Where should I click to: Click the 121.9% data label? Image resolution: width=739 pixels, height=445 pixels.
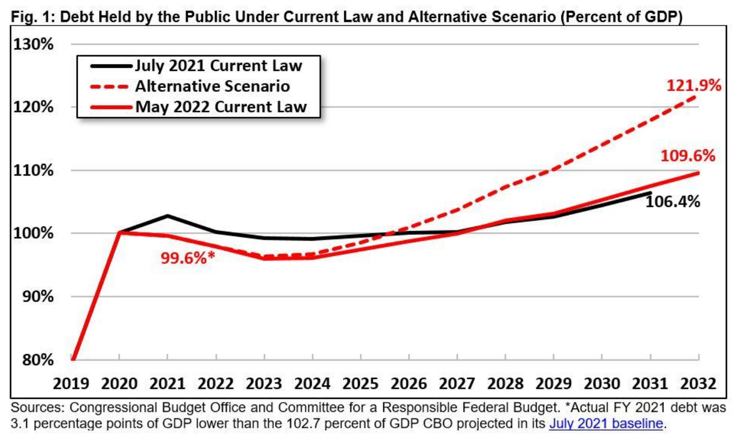(x=694, y=85)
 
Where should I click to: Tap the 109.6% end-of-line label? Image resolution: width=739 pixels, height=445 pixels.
(x=687, y=156)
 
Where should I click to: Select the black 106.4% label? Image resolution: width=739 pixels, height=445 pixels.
(x=672, y=201)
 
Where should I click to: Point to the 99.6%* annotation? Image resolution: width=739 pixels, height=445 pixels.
(x=188, y=258)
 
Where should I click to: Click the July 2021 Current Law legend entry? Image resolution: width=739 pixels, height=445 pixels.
(x=218, y=66)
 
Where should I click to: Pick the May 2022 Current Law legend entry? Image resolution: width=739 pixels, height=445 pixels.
(x=221, y=107)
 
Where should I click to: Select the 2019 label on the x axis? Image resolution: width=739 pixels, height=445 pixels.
(x=71, y=384)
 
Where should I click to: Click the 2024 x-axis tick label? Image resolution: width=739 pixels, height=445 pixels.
(x=312, y=384)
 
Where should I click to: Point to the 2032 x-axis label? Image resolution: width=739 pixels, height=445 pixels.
(x=698, y=384)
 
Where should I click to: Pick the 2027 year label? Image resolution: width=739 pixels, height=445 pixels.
(x=457, y=384)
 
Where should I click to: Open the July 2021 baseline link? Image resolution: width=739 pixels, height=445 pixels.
(x=605, y=423)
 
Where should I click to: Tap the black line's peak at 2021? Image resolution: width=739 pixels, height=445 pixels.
(x=168, y=215)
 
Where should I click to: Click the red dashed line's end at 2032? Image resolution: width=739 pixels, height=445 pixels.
(x=698, y=96)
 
